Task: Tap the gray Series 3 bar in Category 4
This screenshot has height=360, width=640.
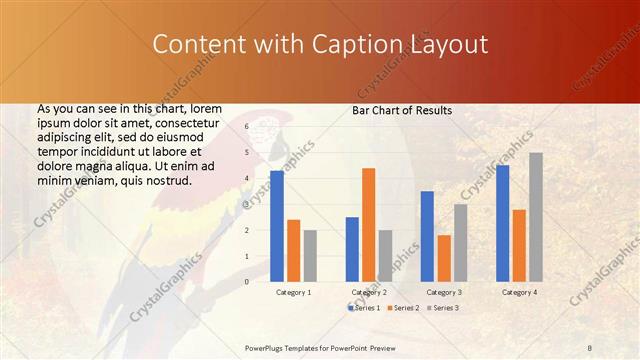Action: tap(536, 216)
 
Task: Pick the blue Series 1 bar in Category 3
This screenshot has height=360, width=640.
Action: tap(427, 235)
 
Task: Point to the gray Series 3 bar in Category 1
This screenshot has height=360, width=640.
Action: tap(310, 255)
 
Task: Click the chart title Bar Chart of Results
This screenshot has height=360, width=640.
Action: tap(402, 110)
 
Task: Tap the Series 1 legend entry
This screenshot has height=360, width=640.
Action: tap(363, 308)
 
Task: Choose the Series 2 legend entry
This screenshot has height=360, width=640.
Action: tap(402, 308)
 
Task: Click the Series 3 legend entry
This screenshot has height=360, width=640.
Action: tap(442, 308)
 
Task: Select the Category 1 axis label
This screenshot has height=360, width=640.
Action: tap(293, 292)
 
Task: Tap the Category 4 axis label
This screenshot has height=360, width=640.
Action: tap(518, 292)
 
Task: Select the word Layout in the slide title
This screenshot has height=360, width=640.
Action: tap(451, 45)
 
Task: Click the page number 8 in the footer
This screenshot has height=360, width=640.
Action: tap(590, 347)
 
